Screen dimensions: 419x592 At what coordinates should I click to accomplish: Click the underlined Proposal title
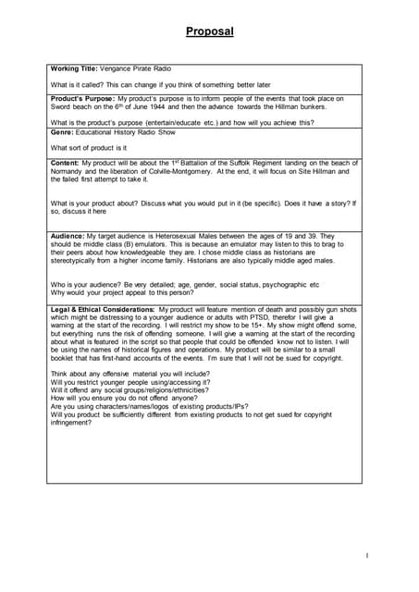(x=209, y=31)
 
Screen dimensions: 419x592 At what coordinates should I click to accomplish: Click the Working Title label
(x=79, y=68)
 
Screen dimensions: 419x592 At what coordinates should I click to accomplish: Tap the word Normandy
(x=69, y=171)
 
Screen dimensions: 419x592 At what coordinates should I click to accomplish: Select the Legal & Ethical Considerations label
(x=102, y=309)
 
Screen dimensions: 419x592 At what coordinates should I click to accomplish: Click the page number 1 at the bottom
(x=366, y=555)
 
